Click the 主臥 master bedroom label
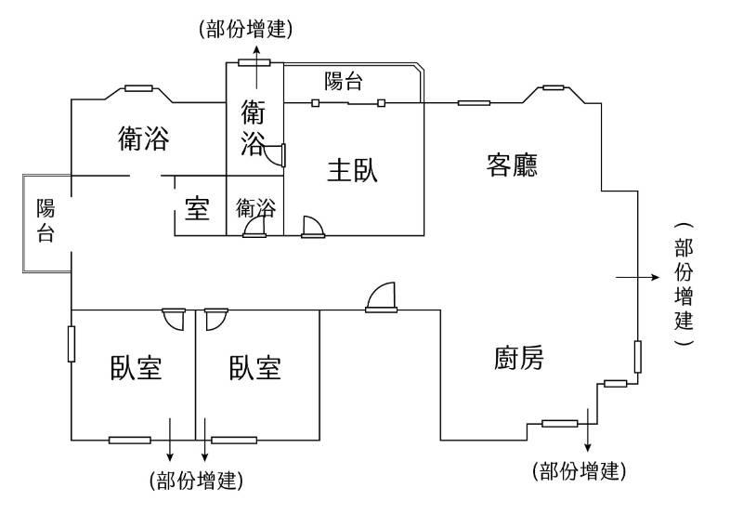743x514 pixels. point(352,171)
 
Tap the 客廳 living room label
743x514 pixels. point(512,165)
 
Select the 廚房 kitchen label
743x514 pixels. point(518,358)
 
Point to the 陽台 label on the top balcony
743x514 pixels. point(344,81)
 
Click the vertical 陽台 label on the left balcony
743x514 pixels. point(46,220)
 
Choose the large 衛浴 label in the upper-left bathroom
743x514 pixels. point(144,138)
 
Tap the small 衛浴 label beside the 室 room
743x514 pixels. point(256,207)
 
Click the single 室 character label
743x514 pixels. point(197,208)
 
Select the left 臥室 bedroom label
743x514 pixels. point(136,368)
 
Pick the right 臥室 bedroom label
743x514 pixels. point(254,368)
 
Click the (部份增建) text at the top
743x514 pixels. point(246,29)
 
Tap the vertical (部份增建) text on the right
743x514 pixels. point(684,284)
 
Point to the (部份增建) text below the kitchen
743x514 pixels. point(579,471)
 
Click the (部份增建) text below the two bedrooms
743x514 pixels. point(196,481)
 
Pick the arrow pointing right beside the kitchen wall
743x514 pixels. point(637,277)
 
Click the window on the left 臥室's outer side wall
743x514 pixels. point(72,344)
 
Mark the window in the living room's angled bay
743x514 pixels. point(553,87)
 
